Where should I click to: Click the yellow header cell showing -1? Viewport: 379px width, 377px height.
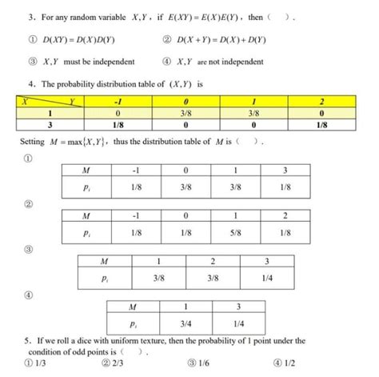(118, 102)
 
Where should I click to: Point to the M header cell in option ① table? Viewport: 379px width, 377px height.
(86, 170)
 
